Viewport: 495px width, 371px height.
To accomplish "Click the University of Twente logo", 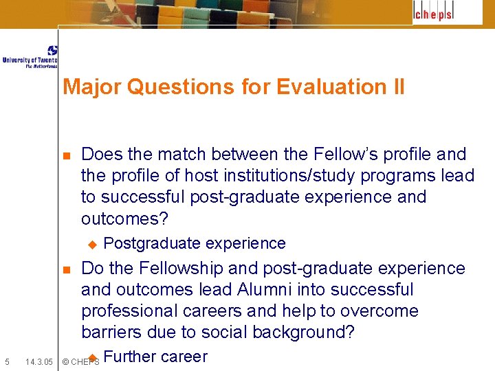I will (x=30, y=57).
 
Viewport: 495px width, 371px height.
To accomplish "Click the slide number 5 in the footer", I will (x=7, y=361).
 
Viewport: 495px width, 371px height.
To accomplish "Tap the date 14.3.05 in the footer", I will (x=39, y=361).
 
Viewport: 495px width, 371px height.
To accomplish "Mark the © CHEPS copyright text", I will (x=80, y=361).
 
